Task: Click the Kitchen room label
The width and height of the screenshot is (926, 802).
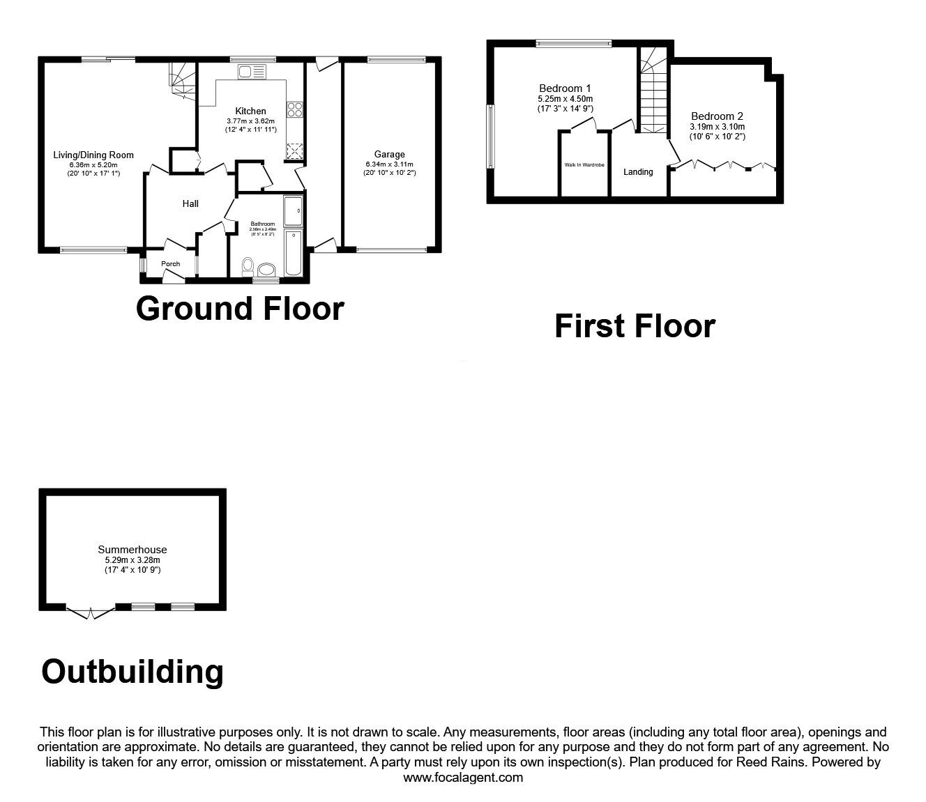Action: point(250,111)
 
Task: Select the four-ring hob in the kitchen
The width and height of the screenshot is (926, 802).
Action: point(294,109)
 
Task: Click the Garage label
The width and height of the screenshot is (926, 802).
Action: point(389,155)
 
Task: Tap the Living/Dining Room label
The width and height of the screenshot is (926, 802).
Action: point(93,155)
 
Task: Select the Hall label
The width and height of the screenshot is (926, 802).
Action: point(190,203)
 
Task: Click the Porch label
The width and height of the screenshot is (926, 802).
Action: point(170,264)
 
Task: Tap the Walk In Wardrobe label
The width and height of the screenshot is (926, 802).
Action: point(584,165)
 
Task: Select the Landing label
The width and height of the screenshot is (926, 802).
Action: point(638,172)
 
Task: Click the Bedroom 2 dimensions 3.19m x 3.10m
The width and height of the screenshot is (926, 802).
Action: point(717,127)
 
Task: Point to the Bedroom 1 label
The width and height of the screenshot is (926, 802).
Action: point(565,88)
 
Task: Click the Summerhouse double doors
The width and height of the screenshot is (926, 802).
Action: point(91,612)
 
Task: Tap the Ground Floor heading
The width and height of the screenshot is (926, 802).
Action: point(240,309)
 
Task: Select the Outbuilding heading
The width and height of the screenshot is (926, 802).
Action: point(132,672)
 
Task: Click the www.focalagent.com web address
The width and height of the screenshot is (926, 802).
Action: point(463,778)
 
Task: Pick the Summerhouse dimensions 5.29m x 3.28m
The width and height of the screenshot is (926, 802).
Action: point(132,560)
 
